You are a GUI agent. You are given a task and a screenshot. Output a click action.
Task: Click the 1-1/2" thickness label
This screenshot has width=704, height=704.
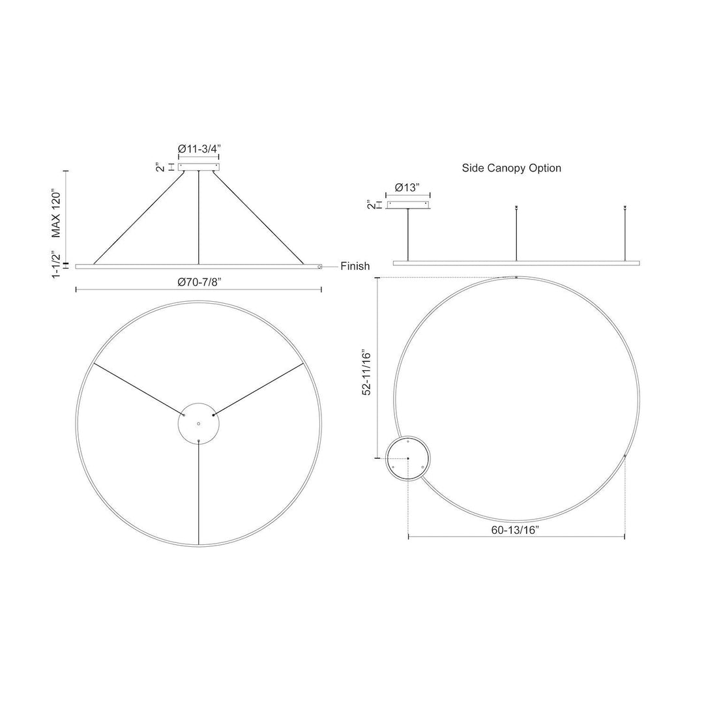click(55, 265)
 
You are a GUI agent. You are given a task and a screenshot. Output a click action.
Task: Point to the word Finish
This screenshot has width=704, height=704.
click(355, 266)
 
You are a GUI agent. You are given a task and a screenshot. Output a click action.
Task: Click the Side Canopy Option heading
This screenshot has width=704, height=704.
click(512, 168)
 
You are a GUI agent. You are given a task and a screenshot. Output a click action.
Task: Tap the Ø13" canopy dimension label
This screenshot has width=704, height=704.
click(407, 188)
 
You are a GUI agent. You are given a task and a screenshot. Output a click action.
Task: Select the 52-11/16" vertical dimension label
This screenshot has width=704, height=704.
click(367, 373)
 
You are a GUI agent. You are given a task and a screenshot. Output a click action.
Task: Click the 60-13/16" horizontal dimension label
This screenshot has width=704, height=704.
click(515, 530)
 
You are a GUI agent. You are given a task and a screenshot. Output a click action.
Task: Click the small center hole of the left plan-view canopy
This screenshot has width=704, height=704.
click(198, 424)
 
